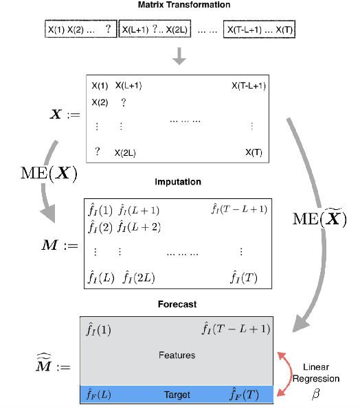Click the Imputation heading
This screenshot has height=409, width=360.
[x=179, y=182]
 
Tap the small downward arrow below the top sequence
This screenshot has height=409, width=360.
[x=179, y=57]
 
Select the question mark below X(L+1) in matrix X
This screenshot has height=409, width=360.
[x=124, y=102]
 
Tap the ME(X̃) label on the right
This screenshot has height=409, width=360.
[x=320, y=220]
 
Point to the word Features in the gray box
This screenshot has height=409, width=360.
[x=177, y=355]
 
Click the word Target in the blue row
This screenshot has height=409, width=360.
[x=177, y=395]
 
